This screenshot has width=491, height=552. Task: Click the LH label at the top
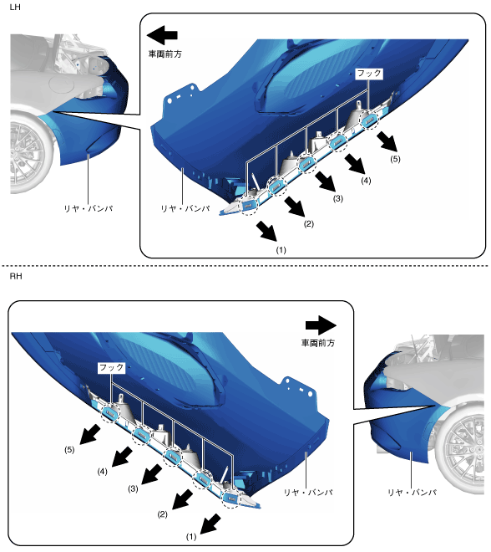[x=15, y=7]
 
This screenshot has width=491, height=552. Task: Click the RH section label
[x=16, y=277]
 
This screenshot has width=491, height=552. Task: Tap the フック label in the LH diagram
[x=369, y=74]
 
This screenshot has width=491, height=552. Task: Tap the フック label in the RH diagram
[x=111, y=368]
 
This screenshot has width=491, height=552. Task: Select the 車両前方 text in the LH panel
[x=165, y=54]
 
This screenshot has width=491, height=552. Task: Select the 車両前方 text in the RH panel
[x=318, y=343]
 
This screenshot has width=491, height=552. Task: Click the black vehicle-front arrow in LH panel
[x=162, y=35]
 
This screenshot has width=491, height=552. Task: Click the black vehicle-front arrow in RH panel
[x=321, y=325]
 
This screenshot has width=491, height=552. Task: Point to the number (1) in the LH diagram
[x=281, y=250]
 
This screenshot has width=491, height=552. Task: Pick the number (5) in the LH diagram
[x=396, y=159]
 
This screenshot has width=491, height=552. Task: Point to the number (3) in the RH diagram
[x=133, y=488]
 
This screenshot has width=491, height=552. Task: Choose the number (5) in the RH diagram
[x=69, y=450]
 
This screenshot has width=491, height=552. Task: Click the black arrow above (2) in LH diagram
[x=295, y=207]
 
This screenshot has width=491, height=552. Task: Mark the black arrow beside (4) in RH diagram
[x=122, y=457]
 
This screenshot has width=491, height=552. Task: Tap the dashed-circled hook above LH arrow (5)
[x=369, y=120]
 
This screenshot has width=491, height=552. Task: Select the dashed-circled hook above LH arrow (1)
[x=249, y=206]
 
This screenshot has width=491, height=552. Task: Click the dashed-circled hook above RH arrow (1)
[x=230, y=498]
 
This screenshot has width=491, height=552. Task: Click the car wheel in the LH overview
[x=31, y=152]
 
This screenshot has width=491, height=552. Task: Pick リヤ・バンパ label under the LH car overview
[x=89, y=209]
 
